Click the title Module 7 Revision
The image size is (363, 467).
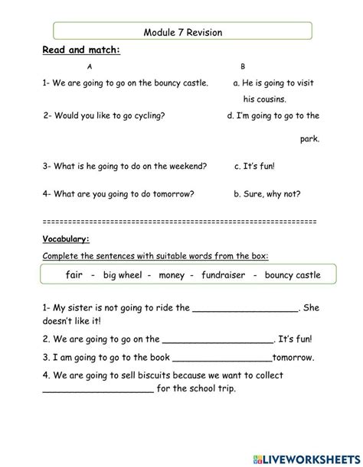[182, 32]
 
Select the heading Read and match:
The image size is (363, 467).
[81, 50]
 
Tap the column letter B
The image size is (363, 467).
[243, 67]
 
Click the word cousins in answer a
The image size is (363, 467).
[264, 99]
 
